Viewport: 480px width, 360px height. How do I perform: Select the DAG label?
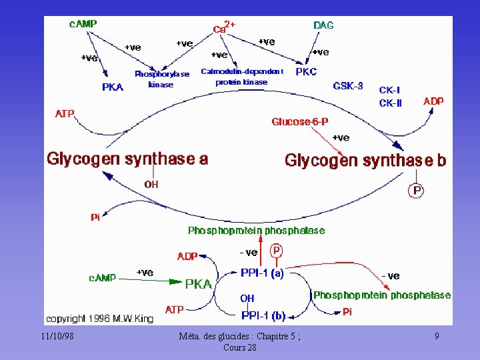(x=323, y=25)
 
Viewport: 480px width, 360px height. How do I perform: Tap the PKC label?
(x=306, y=71)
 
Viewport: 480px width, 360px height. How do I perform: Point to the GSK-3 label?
(x=347, y=86)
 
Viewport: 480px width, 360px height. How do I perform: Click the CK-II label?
(x=390, y=103)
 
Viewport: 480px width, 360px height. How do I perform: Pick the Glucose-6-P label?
(x=299, y=121)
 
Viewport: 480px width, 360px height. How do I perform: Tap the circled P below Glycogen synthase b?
(x=417, y=191)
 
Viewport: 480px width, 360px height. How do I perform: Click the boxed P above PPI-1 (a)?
(x=277, y=251)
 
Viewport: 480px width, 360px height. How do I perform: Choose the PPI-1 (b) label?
(x=263, y=315)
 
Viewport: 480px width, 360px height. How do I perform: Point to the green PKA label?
(x=198, y=284)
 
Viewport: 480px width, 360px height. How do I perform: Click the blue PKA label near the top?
(x=113, y=87)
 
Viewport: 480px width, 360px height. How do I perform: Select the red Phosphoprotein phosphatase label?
(x=256, y=231)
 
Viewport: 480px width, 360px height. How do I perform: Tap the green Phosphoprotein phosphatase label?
(x=381, y=295)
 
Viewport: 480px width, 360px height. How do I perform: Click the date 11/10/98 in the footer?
(x=56, y=336)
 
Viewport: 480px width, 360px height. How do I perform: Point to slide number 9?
(x=436, y=337)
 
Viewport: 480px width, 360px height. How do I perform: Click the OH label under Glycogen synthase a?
(x=151, y=184)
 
